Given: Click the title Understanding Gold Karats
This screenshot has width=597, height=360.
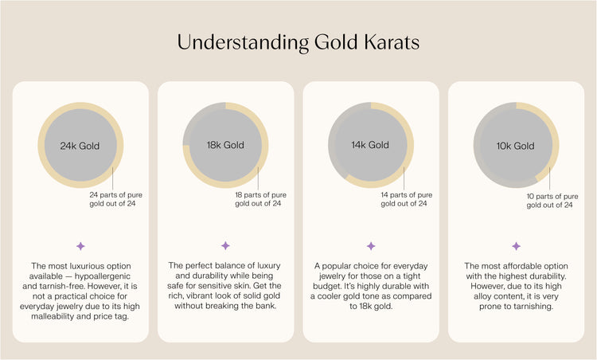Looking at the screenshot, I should pos(298,41).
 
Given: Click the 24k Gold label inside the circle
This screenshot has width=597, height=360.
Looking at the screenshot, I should pos(80,146).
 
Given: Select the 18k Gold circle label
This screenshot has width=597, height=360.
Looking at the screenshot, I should pos(225,146).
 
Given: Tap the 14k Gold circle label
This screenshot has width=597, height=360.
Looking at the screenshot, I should pos(370,146).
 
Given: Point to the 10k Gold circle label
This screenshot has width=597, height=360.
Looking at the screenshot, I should pos(516,146).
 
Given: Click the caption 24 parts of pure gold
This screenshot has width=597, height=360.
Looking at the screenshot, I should pos(116,199).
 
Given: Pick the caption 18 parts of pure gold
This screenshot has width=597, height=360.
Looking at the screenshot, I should pos(261,199).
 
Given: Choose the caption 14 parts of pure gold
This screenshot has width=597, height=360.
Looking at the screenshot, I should pos(407,199).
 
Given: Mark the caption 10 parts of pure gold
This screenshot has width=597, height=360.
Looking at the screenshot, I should pos(552,199).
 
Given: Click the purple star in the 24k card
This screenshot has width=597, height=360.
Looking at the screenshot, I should pos(80,246).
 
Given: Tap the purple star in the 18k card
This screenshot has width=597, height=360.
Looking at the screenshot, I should pos(225,246).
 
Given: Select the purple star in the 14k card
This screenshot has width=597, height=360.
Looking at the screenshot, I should pos(370,246).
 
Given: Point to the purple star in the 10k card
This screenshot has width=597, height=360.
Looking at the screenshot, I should pos(516,246).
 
